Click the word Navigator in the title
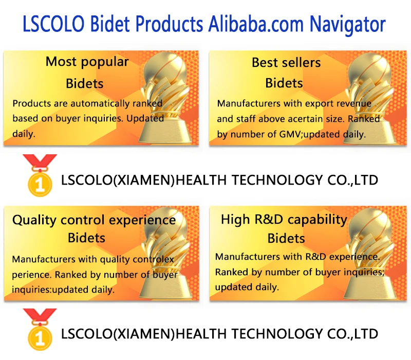347,24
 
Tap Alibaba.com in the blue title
256,24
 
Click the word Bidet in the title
110,24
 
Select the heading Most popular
87,62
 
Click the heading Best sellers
286,62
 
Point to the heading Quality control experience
94,220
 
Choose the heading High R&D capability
284,220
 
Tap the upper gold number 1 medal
40,175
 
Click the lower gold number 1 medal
40,330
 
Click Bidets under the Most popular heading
85,84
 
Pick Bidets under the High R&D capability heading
286,239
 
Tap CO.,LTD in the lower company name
353,334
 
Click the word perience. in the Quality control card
31,275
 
